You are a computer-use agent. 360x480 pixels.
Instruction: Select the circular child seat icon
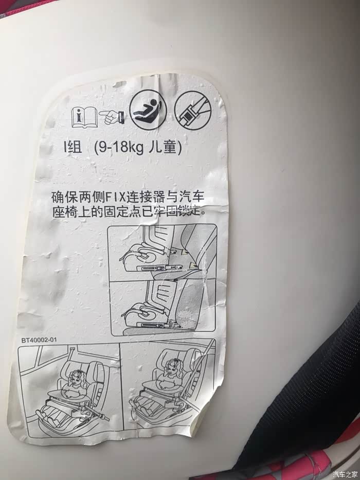tap(149, 110)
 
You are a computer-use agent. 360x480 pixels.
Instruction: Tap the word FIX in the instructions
tap(116, 197)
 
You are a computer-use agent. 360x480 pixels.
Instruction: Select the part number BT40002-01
tap(39, 340)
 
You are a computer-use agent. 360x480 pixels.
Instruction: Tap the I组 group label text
tap(73, 148)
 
